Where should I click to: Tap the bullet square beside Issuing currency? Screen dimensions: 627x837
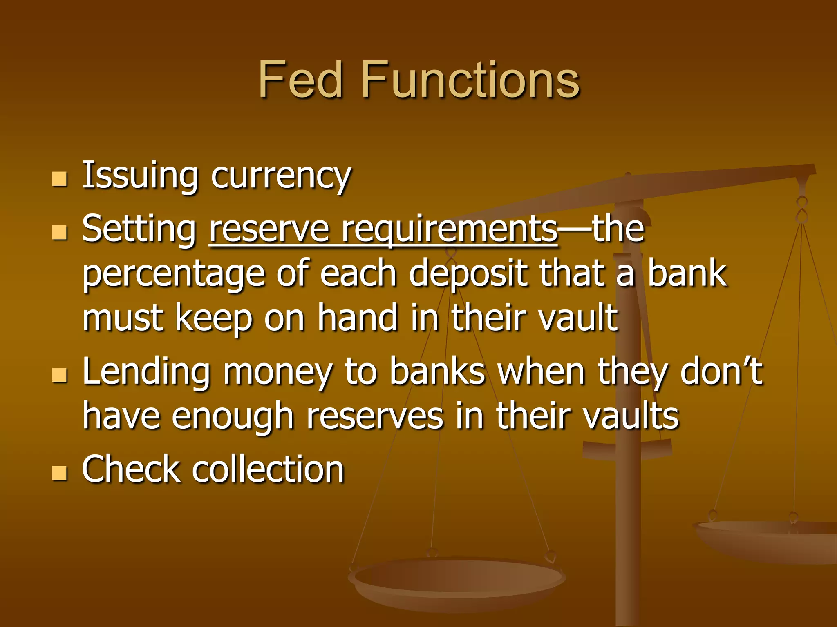[x=60, y=179]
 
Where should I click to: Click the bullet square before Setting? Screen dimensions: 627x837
[x=60, y=232]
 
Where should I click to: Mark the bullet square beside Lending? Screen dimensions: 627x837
[x=60, y=375]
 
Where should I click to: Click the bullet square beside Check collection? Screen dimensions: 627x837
[x=60, y=473]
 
